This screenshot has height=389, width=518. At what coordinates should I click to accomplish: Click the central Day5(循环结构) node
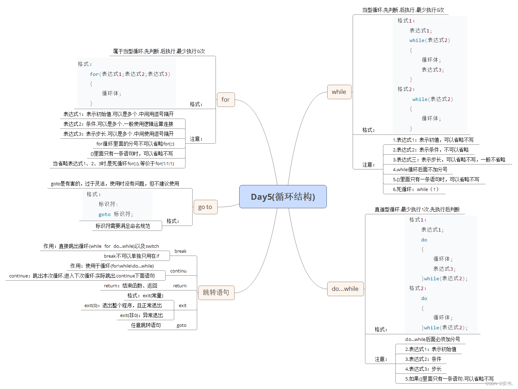283,197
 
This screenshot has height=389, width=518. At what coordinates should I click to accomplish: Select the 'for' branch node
225,100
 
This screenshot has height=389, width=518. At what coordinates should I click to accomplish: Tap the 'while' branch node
339,92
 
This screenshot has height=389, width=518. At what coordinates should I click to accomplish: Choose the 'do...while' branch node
345,289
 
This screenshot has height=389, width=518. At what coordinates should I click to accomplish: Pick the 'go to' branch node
205,207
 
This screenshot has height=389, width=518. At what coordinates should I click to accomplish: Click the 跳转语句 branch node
216,293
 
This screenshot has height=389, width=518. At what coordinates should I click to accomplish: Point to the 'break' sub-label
180,251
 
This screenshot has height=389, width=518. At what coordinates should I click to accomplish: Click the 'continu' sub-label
178,271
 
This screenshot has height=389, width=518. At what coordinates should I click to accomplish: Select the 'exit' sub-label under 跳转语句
182,306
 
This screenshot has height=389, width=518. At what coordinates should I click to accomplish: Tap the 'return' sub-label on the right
179,286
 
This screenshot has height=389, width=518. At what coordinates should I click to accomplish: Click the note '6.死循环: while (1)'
416,189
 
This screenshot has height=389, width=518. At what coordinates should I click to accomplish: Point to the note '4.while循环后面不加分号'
420,169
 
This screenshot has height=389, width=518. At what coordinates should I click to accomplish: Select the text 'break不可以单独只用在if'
131,256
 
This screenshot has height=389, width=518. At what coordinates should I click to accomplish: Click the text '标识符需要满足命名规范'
123,226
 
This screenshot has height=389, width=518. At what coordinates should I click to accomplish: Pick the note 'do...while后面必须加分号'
432,339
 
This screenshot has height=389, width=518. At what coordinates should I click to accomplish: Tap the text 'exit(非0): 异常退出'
141,315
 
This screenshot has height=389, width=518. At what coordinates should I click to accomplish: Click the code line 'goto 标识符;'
116,214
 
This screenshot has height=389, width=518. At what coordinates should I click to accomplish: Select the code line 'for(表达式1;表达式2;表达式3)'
130,74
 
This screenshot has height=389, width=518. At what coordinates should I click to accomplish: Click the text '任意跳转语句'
146,325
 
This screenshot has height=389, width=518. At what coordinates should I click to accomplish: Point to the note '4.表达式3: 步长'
423,369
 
